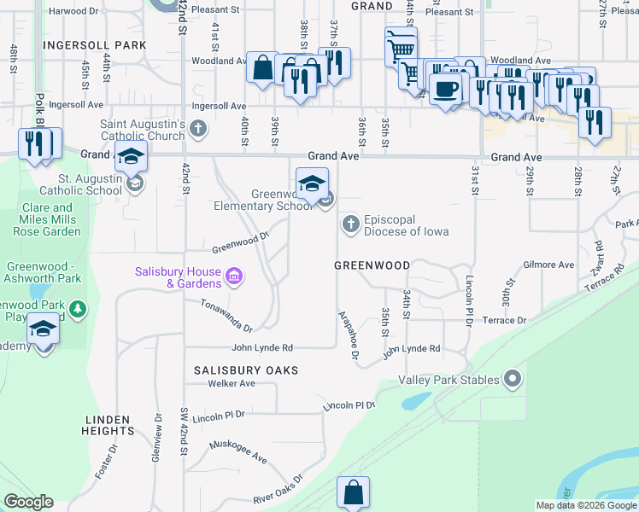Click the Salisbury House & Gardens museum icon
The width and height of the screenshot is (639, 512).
pos(233,276)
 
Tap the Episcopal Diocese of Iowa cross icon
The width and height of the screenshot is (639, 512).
pos(350,224)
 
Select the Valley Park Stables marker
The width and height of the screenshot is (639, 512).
pos(513,377)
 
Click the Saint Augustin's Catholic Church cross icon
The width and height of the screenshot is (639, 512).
pos(198,130)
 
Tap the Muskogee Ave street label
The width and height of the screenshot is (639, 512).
pos(238,451)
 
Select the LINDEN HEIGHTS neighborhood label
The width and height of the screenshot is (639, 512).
pos(108,425)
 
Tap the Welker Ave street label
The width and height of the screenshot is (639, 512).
pos(232,383)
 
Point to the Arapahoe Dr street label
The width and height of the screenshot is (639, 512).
pos(350,333)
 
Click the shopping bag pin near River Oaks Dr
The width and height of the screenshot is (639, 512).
pos(353,492)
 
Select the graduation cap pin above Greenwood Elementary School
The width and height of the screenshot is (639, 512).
pos(312,183)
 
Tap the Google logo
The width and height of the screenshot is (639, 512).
pos(28,502)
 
